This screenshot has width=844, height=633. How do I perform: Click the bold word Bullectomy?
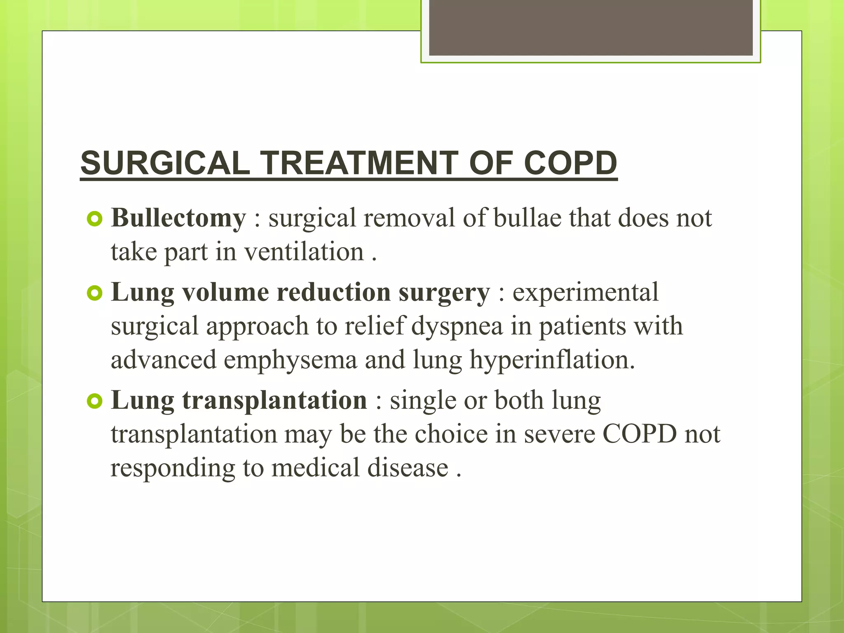point(178,218)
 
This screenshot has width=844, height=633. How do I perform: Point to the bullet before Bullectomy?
point(95,219)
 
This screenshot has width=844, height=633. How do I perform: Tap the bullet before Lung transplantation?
point(95,401)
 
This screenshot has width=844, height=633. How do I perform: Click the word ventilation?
point(304,252)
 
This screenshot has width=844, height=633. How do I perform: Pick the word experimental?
point(585,293)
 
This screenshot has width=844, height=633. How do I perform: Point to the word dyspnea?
point(457,326)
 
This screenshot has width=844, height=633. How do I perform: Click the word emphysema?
point(291,360)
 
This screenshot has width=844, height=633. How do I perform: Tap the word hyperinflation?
point(552,360)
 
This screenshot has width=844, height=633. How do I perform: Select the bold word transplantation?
point(274,401)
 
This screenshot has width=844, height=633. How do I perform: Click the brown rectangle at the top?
point(591,28)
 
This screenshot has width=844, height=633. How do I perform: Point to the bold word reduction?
point(333,293)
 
